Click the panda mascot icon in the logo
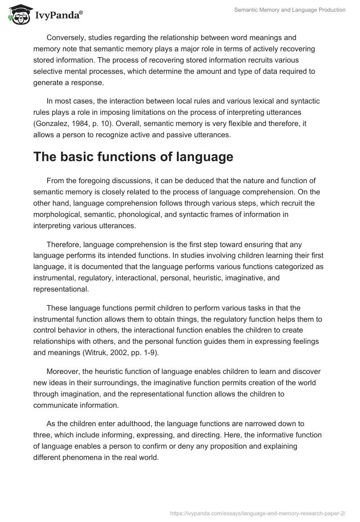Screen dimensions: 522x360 17,15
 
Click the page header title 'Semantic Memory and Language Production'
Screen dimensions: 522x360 290,10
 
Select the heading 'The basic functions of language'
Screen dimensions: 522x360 133,157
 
